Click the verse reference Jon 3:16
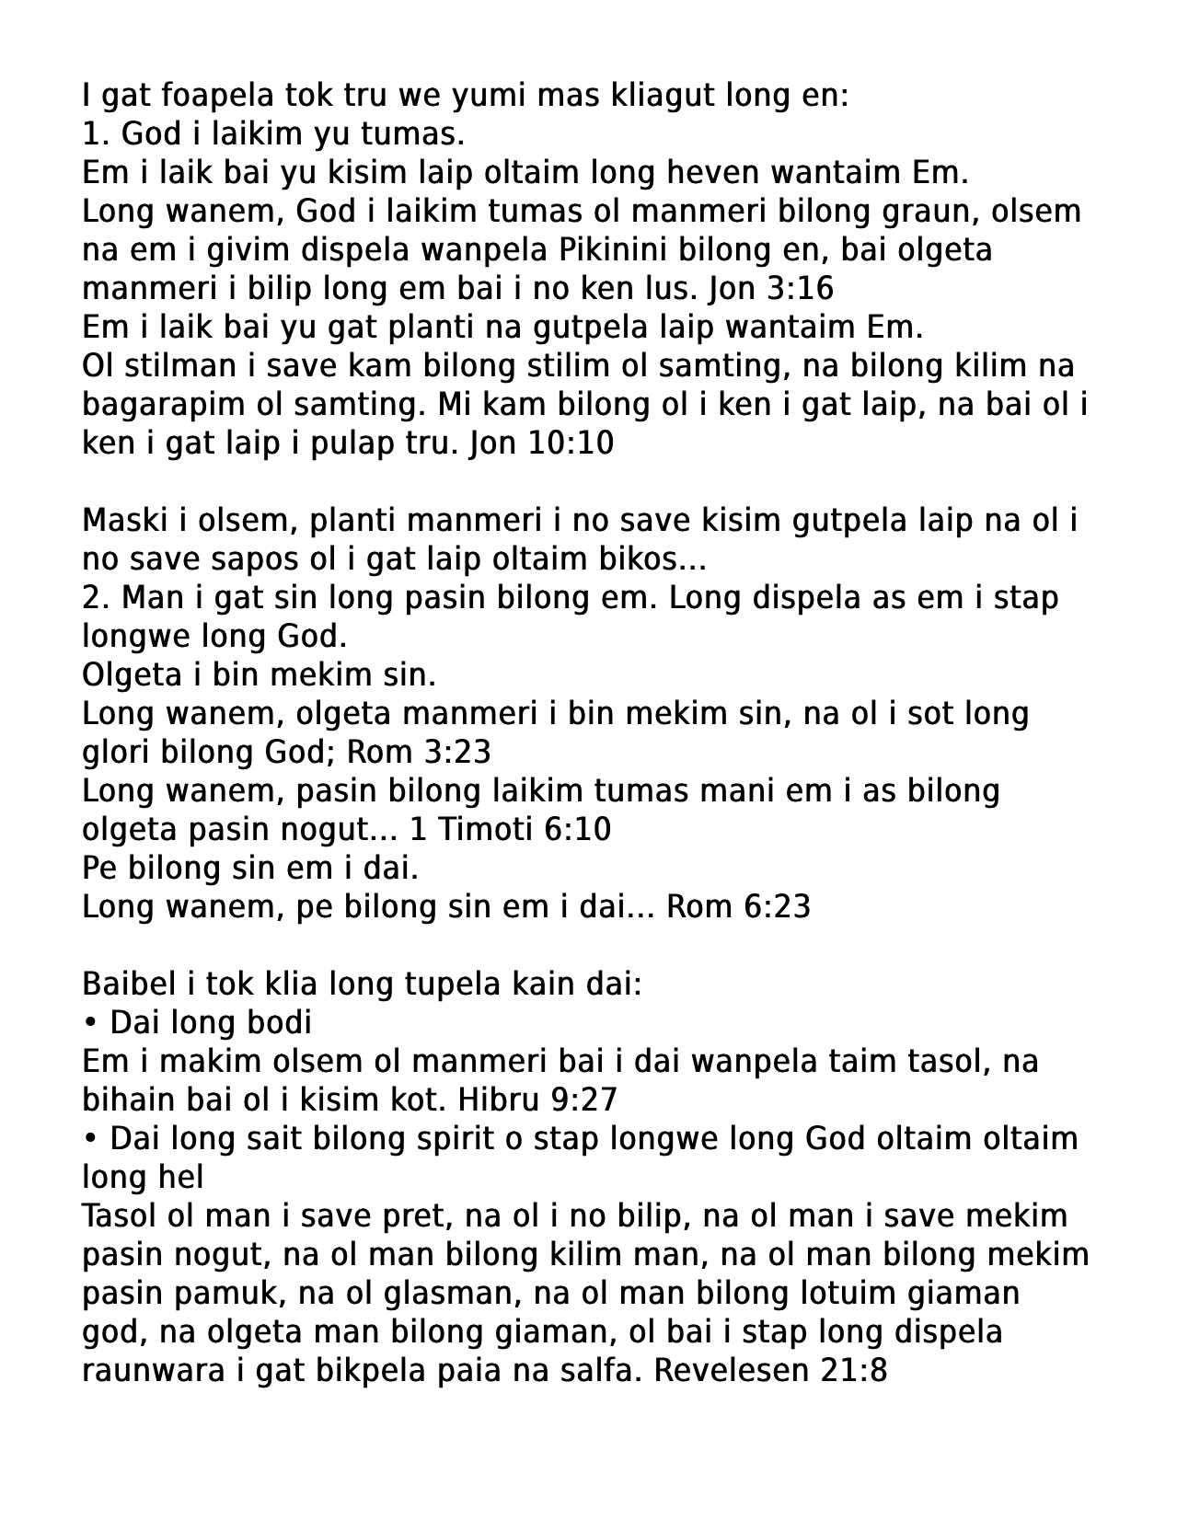click(771, 289)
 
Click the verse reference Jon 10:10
click(541, 443)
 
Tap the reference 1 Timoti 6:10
click(510, 830)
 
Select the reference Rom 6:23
click(738, 907)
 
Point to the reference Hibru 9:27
click(537, 1100)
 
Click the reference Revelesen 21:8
click(770, 1371)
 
